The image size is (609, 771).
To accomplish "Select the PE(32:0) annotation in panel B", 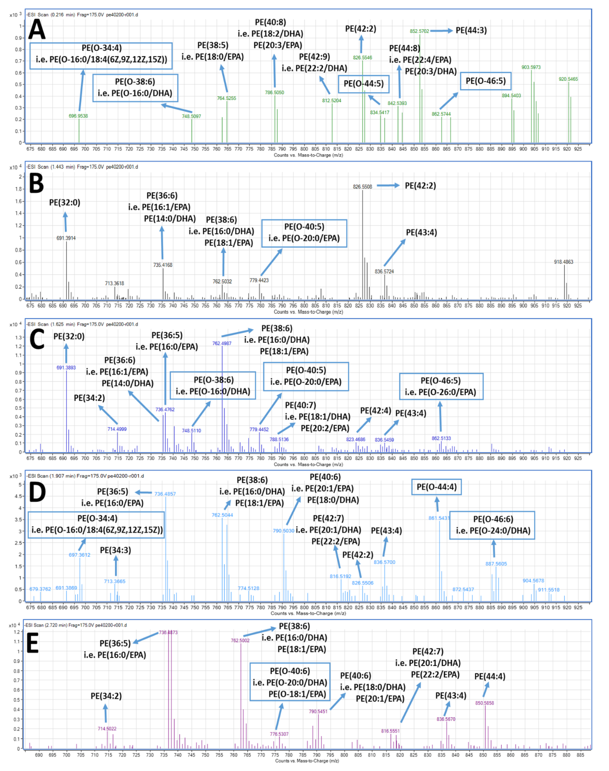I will point(65,202).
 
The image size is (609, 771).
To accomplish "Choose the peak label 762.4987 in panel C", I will point(222,343).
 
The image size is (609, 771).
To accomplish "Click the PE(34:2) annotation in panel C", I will point(89,398).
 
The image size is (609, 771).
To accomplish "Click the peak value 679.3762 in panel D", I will point(40,589).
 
